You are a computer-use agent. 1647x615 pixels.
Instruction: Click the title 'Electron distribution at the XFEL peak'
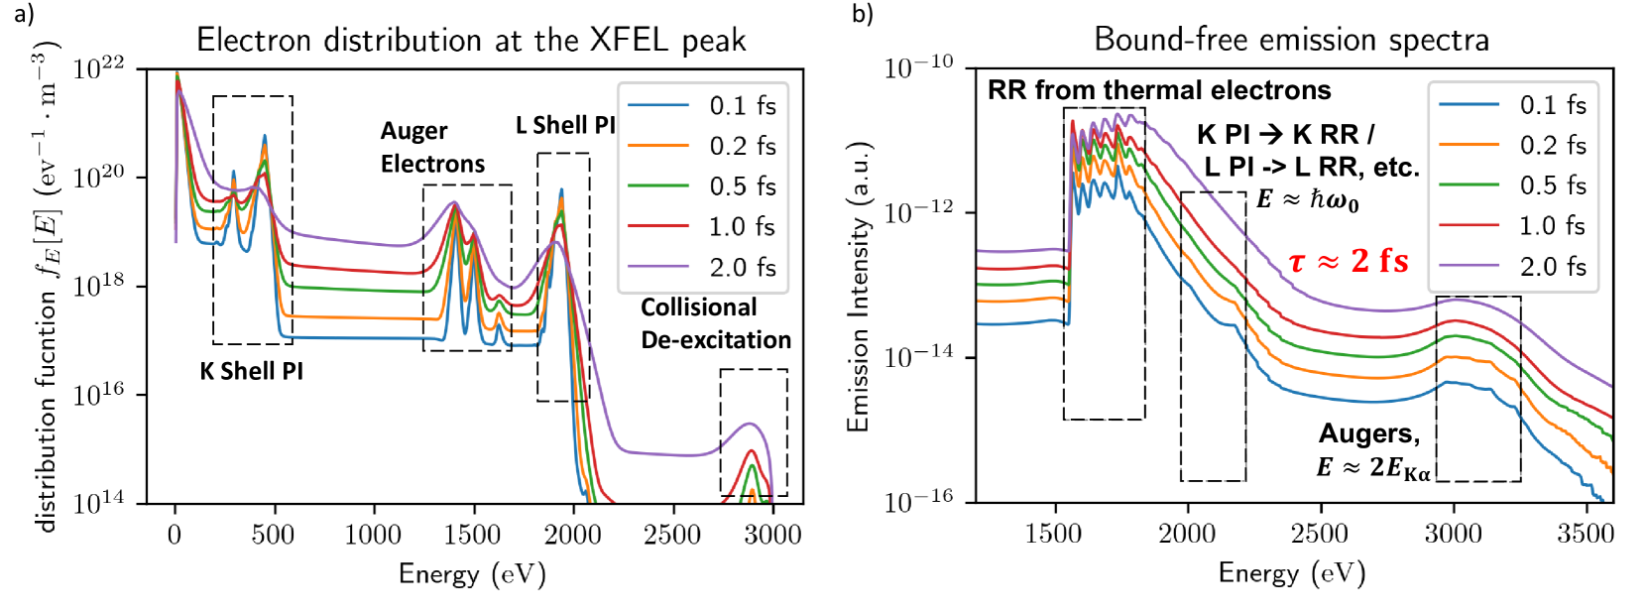click(x=471, y=40)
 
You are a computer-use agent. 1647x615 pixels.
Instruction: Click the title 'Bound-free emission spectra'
click(x=1291, y=40)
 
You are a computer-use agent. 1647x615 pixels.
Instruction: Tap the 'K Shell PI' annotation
click(x=252, y=371)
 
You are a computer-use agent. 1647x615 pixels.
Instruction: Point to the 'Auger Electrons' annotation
click(x=432, y=147)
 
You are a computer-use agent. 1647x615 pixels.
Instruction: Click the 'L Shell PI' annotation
click(x=565, y=125)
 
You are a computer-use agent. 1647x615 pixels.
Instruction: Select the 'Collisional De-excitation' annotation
click(x=715, y=323)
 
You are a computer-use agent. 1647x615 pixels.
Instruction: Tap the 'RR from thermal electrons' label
click(x=1159, y=90)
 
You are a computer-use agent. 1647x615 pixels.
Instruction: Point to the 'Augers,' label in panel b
click(x=1369, y=433)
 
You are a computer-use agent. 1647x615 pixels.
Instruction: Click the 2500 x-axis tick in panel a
click(x=672, y=535)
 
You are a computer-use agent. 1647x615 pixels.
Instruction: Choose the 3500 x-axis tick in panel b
click(x=1586, y=534)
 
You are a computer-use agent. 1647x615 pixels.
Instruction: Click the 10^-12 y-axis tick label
click(x=918, y=211)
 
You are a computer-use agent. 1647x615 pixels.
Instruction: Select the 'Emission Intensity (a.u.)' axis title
click(x=858, y=286)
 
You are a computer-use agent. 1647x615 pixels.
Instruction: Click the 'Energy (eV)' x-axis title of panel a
click(x=472, y=574)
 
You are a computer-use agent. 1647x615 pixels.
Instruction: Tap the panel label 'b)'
click(x=862, y=13)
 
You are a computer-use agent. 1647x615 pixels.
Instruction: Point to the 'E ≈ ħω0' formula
click(x=1308, y=199)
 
